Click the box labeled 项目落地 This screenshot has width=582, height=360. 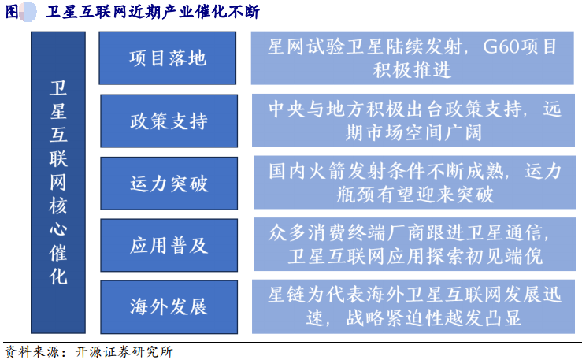point(168,58)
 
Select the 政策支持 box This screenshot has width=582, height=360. point(169,121)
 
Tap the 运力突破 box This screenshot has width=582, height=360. point(169,183)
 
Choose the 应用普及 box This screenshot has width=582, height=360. point(169,245)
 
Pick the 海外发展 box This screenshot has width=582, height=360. point(169,307)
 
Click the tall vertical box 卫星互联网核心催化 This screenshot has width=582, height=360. point(58,182)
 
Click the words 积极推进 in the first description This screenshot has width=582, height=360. point(412,70)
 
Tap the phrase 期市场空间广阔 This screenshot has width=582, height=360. point(413,132)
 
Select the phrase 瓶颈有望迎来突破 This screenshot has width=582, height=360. point(414,195)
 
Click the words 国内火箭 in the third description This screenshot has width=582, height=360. point(308,172)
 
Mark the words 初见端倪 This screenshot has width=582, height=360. point(504,256)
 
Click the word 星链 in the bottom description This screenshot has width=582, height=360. point(287,295)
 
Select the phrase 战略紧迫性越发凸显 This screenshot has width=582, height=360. point(433,317)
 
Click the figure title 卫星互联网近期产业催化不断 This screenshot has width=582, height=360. point(153,12)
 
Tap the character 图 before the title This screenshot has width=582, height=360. point(12,12)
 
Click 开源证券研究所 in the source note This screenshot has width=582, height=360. point(124,351)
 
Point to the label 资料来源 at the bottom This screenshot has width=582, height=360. point(32,351)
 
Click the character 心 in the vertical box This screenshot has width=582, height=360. point(58,228)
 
